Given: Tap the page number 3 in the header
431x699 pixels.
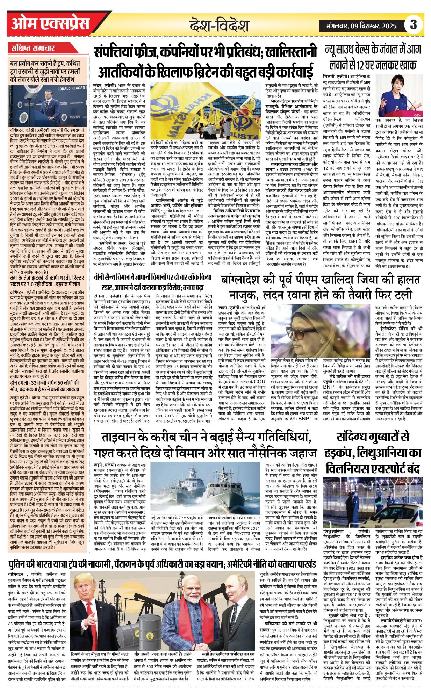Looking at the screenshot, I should coord(413,26).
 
